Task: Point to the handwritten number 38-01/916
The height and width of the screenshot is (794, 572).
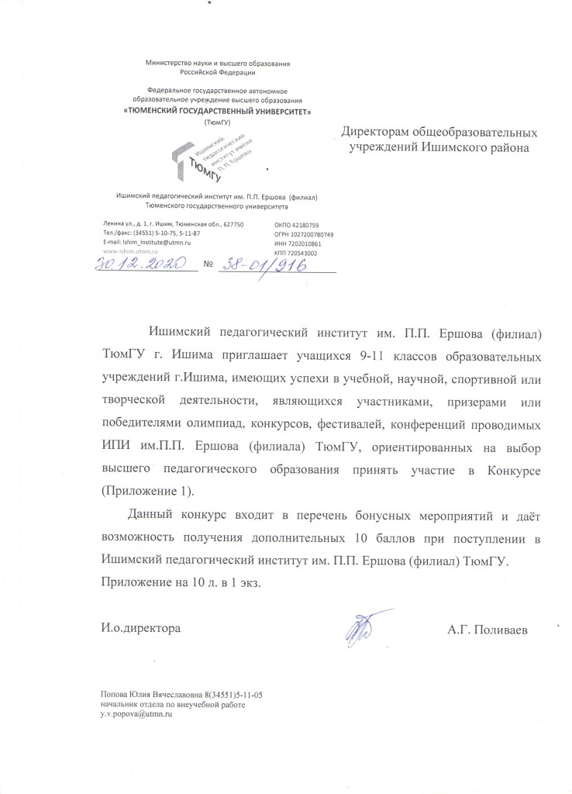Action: pos(261,264)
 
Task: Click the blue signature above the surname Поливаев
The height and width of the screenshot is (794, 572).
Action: pos(360,627)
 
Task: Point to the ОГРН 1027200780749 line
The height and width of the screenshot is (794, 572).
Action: pos(304,234)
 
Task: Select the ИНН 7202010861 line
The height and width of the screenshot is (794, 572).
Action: pos(297,243)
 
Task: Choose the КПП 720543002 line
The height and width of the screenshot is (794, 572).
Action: pos(295,254)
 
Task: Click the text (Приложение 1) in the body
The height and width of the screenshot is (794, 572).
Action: pos(148,491)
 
